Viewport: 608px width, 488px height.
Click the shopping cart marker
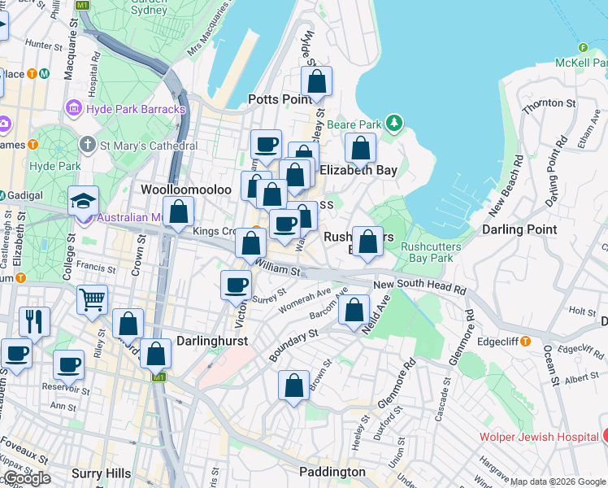(x=93, y=299)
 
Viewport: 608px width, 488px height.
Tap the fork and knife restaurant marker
(x=34, y=320)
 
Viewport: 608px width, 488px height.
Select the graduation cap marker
(x=84, y=200)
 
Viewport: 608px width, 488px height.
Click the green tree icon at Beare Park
(x=394, y=124)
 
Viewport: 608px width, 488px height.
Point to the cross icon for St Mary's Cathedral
(x=88, y=145)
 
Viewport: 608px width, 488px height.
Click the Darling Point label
(x=519, y=229)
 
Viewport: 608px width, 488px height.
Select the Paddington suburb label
(x=332, y=472)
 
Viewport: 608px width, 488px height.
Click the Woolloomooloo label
(x=186, y=190)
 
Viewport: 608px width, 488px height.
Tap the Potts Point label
(x=280, y=99)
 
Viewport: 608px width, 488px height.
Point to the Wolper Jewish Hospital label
(x=539, y=437)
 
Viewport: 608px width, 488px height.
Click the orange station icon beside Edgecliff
(x=526, y=342)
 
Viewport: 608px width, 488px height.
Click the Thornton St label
(x=549, y=103)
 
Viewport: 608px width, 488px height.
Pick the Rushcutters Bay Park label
(x=431, y=252)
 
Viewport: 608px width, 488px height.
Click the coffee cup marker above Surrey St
(x=237, y=285)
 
